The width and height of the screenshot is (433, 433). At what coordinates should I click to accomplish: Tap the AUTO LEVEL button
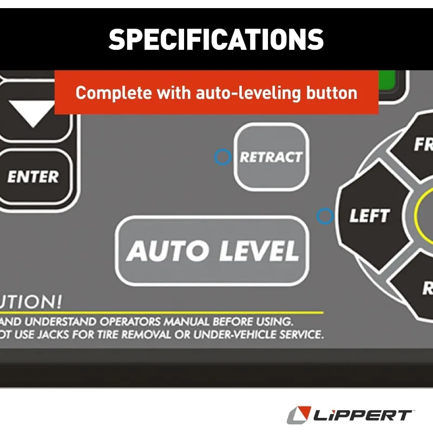click(x=212, y=251)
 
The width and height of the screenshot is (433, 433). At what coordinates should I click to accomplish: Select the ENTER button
click(x=33, y=177)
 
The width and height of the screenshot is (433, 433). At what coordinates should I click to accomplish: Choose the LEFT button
click(x=369, y=216)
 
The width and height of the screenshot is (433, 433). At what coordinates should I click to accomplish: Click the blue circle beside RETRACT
click(x=222, y=157)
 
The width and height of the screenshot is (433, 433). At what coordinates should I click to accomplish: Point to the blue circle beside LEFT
click(x=324, y=216)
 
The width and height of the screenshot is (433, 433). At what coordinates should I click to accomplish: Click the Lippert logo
click(x=349, y=415)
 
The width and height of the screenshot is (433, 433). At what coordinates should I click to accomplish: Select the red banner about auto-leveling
click(x=216, y=93)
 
